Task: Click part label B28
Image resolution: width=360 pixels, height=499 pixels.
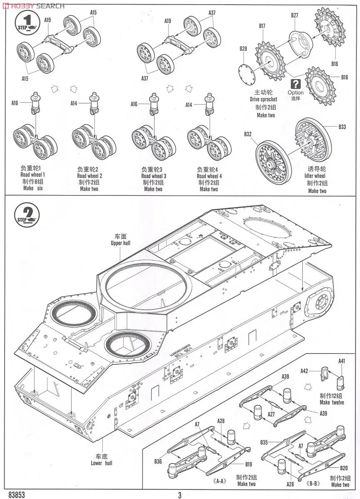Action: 243,49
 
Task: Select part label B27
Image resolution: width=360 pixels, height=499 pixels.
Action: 295,15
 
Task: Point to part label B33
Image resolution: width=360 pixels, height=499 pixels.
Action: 342,126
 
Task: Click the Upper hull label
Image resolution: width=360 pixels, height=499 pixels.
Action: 121,243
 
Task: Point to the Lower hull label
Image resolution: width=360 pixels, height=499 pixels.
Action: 102,463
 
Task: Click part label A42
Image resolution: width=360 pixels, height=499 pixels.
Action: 305,371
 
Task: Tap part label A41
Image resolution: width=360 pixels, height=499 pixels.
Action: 342,361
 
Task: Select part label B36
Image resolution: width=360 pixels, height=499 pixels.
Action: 158,461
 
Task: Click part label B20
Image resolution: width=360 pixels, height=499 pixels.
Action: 344,468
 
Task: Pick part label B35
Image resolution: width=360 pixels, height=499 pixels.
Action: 264,442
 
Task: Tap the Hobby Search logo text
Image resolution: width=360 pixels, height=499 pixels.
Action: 33,5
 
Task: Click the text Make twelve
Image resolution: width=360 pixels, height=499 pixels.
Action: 332,403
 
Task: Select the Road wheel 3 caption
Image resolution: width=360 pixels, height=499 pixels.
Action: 154,176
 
